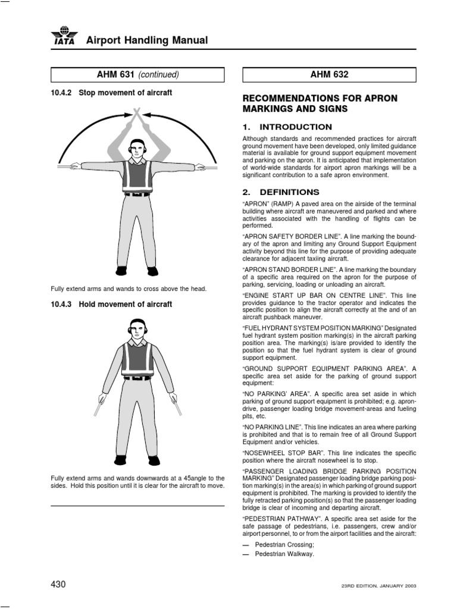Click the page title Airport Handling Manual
pos(147,40)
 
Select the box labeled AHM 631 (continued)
pos(137,75)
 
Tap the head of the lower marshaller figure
pos(137,328)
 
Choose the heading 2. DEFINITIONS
pos(281,192)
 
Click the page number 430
pos(58,585)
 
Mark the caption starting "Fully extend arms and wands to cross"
pos(129,289)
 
